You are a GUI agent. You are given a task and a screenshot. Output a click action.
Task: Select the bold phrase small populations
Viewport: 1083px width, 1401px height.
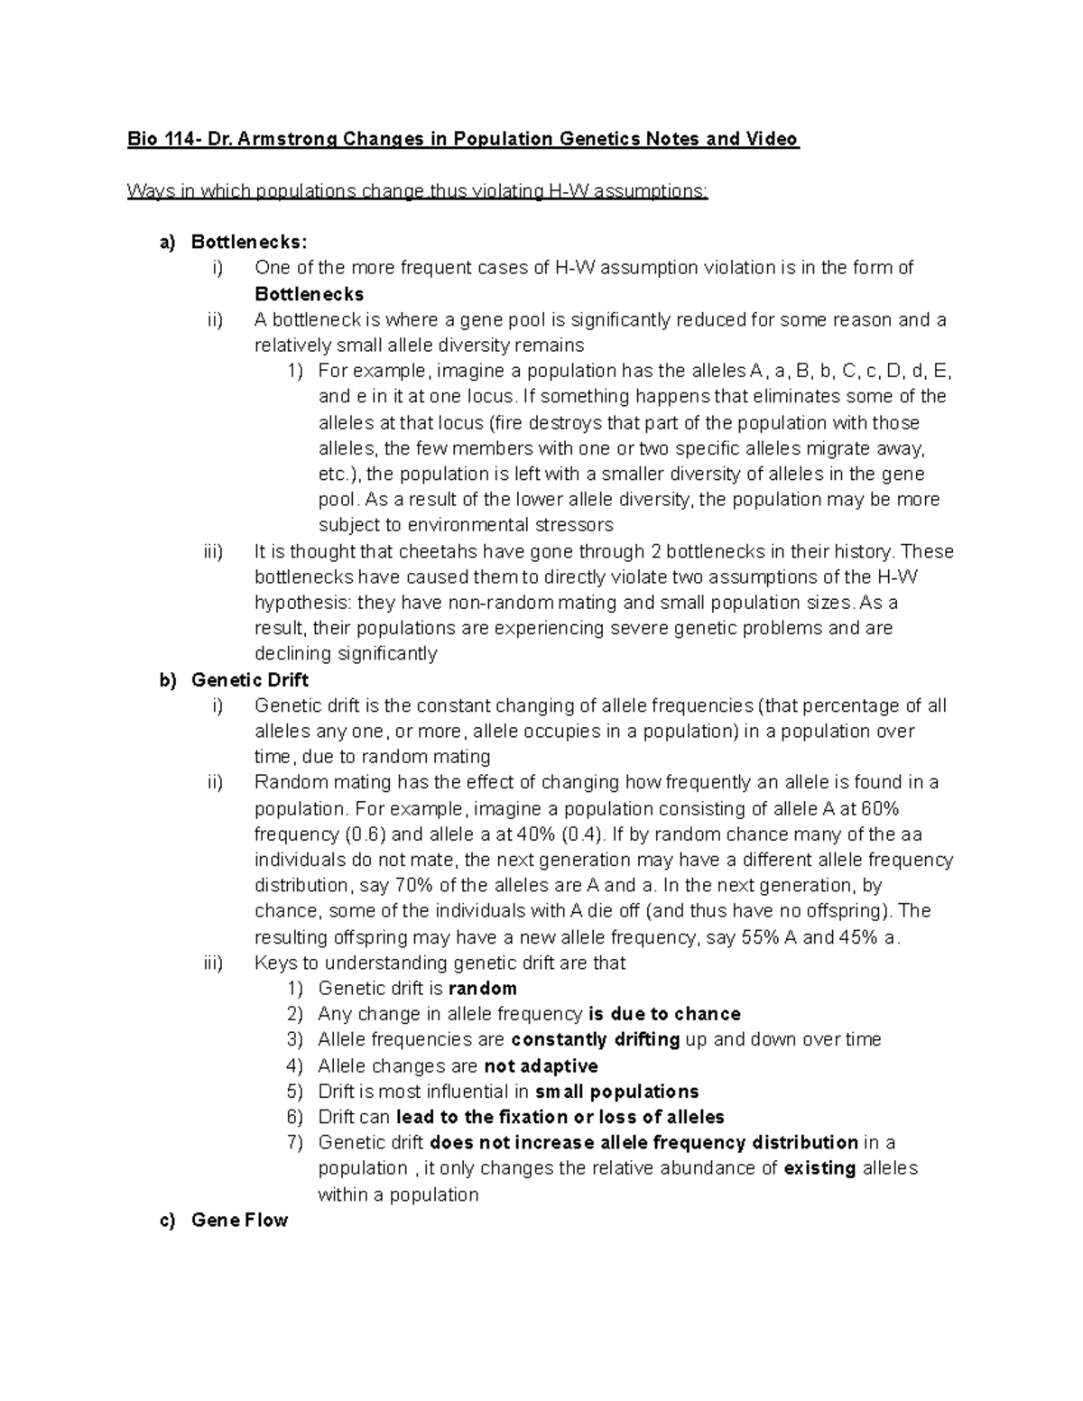point(616,1092)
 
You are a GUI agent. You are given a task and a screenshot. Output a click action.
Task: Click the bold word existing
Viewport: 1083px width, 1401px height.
point(819,1168)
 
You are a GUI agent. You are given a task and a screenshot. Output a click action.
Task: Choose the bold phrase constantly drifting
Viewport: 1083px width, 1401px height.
point(595,1039)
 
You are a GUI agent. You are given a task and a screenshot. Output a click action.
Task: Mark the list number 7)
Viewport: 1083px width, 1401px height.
point(295,1143)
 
